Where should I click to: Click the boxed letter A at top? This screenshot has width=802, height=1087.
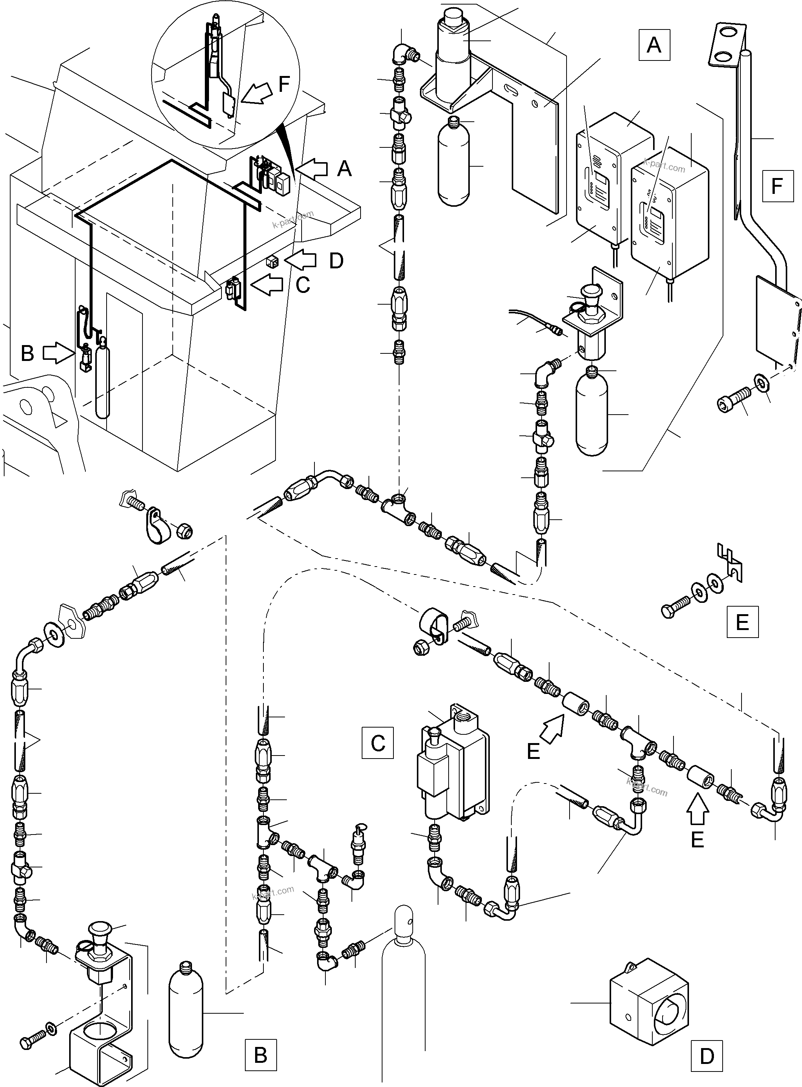(x=654, y=45)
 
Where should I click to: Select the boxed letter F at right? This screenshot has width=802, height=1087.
(x=777, y=186)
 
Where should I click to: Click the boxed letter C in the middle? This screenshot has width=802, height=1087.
(x=378, y=743)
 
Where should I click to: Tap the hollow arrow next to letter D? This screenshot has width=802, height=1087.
(x=300, y=260)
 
